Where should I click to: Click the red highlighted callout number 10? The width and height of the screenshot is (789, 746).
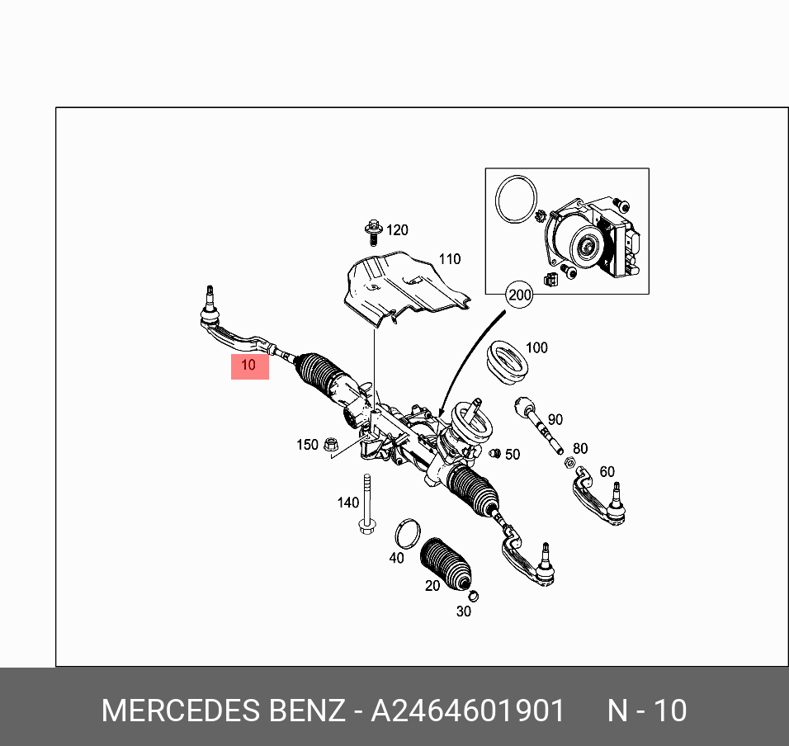pyautogui.click(x=249, y=365)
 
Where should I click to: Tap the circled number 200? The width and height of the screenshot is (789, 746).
pyautogui.click(x=519, y=295)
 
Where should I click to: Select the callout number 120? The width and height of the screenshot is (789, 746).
pyautogui.click(x=397, y=230)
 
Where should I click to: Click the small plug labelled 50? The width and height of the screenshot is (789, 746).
pyautogui.click(x=495, y=453)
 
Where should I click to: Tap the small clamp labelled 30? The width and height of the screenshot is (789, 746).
pyautogui.click(x=473, y=596)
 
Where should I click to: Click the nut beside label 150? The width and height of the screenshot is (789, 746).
pyautogui.click(x=330, y=444)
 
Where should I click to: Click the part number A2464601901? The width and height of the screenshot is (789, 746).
pyautogui.click(x=468, y=711)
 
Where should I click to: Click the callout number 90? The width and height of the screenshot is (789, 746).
pyautogui.click(x=555, y=420)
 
